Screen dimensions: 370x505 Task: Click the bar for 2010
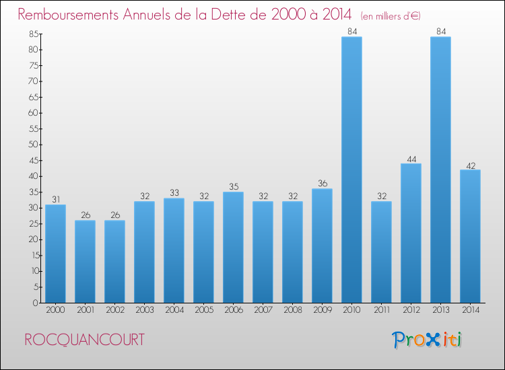(x=351, y=170)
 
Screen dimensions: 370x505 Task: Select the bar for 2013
(x=440, y=170)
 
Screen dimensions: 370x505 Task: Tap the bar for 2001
(x=85, y=261)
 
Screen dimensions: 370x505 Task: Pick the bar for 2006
(x=233, y=247)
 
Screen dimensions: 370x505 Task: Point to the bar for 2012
(x=411, y=233)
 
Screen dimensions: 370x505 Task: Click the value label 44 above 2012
(x=411, y=159)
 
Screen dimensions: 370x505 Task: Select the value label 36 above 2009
(x=322, y=184)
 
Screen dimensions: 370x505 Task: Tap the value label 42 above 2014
(x=470, y=165)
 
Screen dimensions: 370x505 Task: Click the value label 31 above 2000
(x=55, y=200)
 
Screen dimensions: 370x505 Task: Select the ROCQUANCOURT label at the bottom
(x=84, y=340)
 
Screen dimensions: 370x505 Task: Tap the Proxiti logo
(x=427, y=339)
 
